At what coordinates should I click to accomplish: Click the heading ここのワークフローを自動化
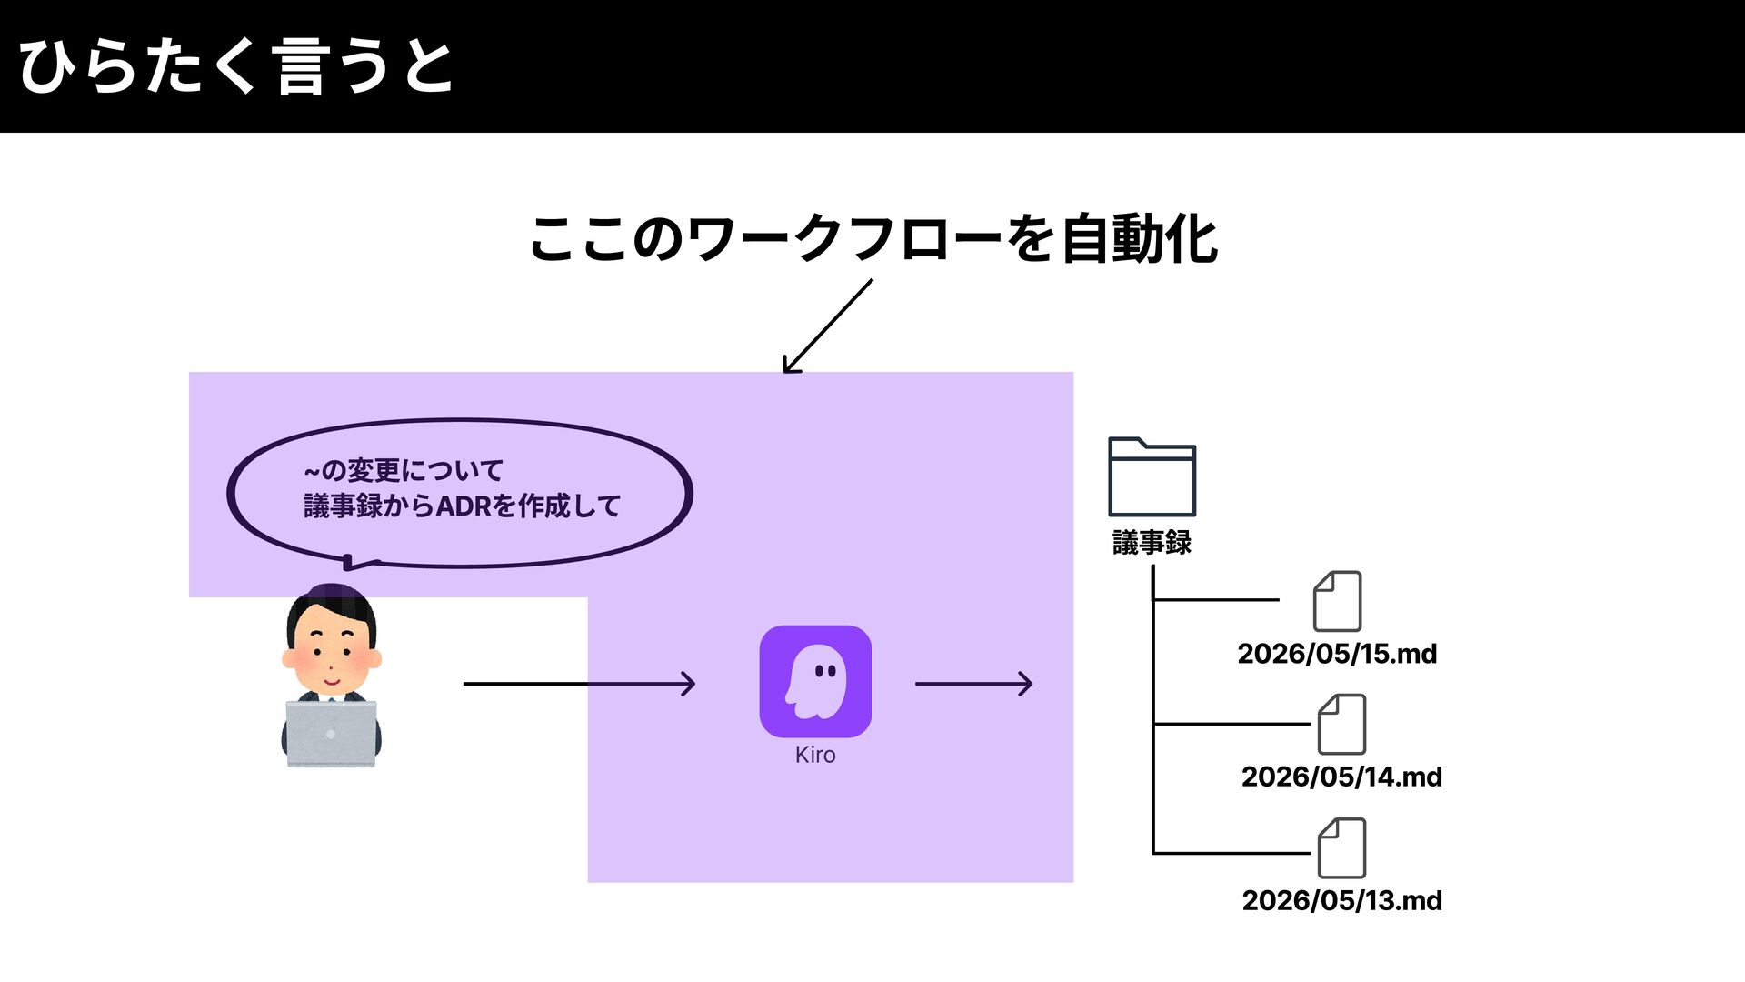tap(873, 239)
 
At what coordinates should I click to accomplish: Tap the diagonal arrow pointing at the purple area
tap(827, 326)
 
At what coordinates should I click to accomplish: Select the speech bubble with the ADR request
tap(460, 494)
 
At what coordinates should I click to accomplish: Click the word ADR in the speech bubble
tap(464, 506)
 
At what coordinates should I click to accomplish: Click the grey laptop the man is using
tap(331, 733)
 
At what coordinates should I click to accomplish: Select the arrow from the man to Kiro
tap(579, 683)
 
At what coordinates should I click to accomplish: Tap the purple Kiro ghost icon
tap(815, 681)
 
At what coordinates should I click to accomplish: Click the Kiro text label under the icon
tap(815, 755)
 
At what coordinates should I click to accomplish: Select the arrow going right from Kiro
tap(973, 683)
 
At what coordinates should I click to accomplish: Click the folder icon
tap(1152, 476)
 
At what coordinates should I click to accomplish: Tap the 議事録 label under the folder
tap(1152, 543)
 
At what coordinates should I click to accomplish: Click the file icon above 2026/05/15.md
tap(1337, 601)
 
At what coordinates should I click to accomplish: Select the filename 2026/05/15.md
tap(1337, 654)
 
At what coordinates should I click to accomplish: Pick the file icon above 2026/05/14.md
tap(1341, 724)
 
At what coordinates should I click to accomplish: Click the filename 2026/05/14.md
tap(1341, 777)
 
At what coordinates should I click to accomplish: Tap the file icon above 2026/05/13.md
tap(1341, 847)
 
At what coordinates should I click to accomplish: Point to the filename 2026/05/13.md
tap(1341, 900)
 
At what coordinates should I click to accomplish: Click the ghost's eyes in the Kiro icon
tap(825, 672)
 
